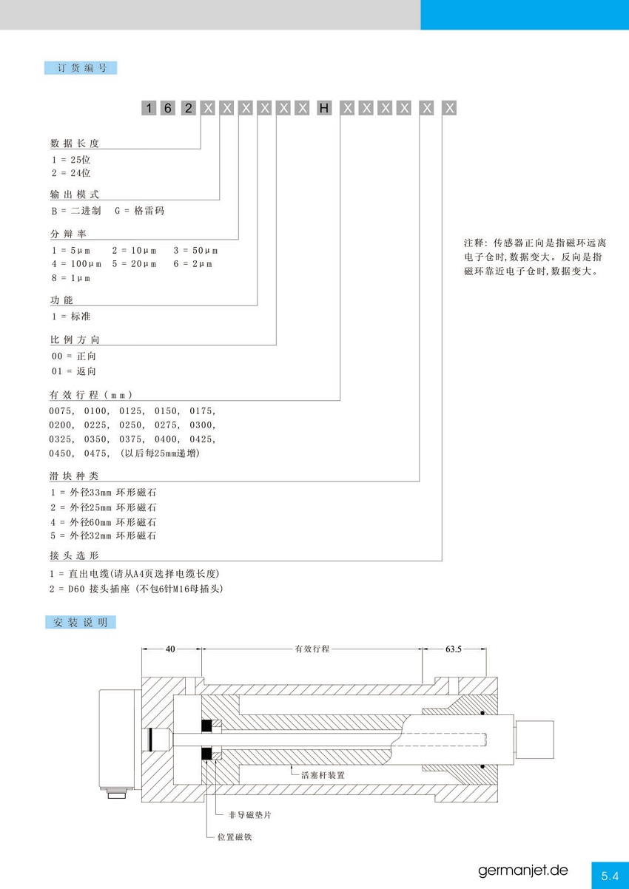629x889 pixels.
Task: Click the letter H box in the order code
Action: coord(323,108)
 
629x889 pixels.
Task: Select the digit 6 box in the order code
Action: coord(167,108)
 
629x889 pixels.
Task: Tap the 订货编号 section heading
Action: coord(81,68)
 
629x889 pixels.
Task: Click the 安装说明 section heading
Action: coord(81,622)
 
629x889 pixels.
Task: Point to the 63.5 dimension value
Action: coord(454,649)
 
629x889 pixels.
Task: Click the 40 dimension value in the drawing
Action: coord(170,649)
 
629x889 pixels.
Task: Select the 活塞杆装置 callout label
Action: coord(323,775)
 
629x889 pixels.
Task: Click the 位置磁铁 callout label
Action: coord(235,837)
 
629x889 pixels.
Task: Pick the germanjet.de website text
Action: coord(523,871)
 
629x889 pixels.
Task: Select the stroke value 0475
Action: coord(96,453)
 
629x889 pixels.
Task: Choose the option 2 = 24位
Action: coord(71,173)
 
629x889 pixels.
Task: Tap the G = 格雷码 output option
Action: coord(139,211)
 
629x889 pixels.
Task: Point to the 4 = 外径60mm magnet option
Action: coord(104,522)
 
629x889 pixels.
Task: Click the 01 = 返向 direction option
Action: coord(74,371)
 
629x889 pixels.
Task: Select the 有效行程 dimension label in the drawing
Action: coord(312,649)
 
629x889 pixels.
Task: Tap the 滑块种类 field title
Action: coord(74,476)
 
